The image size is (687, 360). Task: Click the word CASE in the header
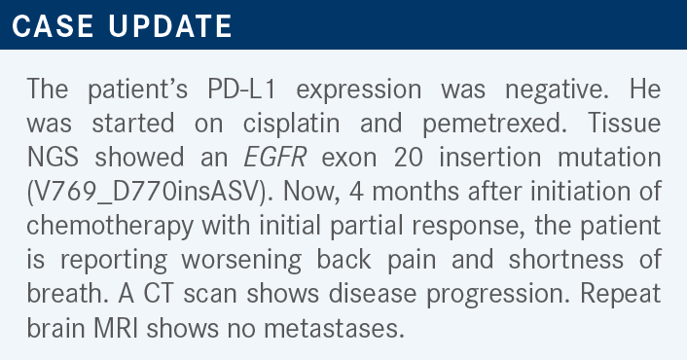tap(53, 26)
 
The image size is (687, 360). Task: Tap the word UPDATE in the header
tap(170, 26)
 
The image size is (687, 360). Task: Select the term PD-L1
tap(242, 90)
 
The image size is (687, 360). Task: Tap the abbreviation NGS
tap(53, 158)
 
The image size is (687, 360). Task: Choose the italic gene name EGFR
tap(274, 158)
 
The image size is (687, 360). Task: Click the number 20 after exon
tap(409, 158)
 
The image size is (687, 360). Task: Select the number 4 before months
tap(356, 192)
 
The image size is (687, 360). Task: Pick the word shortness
tap(566, 260)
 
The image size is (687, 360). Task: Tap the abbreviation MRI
tap(116, 329)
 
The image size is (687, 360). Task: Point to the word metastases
tap(334, 329)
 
